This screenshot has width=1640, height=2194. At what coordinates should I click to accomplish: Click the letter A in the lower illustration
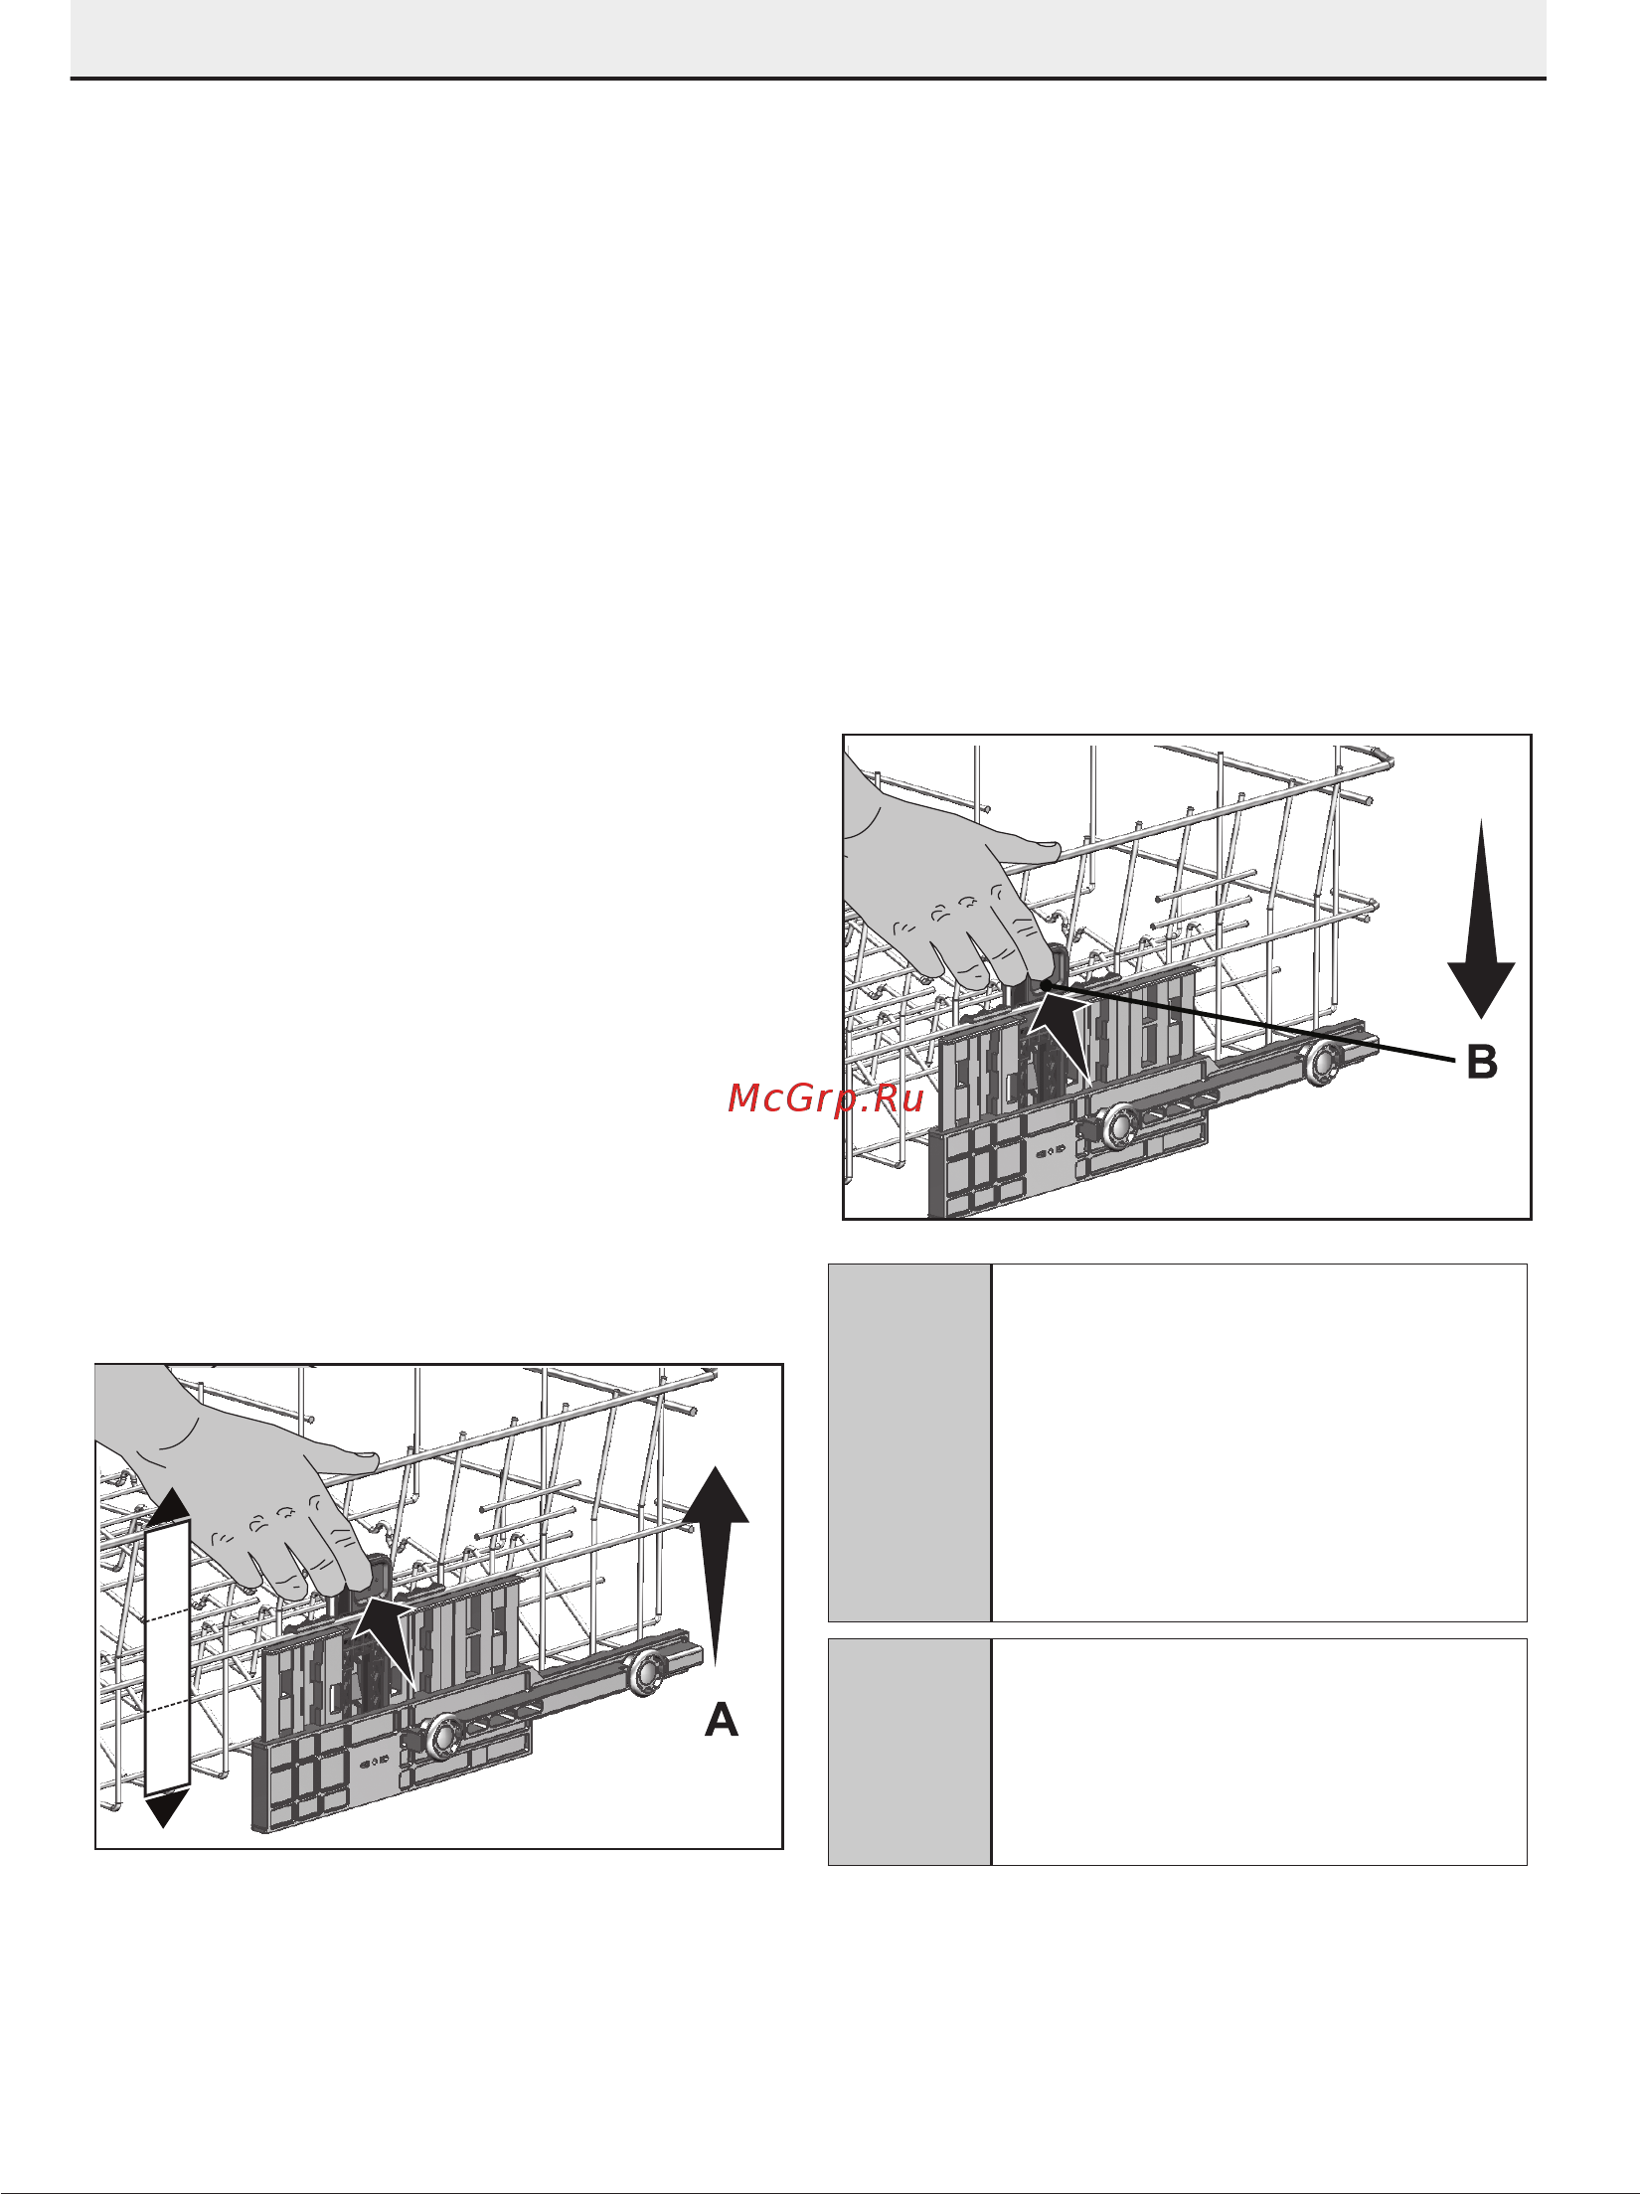click(x=722, y=1720)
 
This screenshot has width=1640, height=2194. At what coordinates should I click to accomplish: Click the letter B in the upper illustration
click(x=1482, y=1063)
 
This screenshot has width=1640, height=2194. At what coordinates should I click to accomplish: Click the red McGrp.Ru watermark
click(x=827, y=1097)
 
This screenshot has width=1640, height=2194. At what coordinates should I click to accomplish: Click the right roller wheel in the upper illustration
click(x=1324, y=1064)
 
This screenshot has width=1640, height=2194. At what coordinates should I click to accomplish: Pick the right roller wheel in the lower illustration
click(x=646, y=1673)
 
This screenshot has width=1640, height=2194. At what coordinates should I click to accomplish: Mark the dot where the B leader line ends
click(x=1044, y=985)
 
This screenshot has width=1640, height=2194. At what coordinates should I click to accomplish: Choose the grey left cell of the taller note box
click(x=909, y=1441)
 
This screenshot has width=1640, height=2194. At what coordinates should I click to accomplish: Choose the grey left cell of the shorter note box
click(x=909, y=1752)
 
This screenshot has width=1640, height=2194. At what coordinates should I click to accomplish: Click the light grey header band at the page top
click(x=808, y=38)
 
